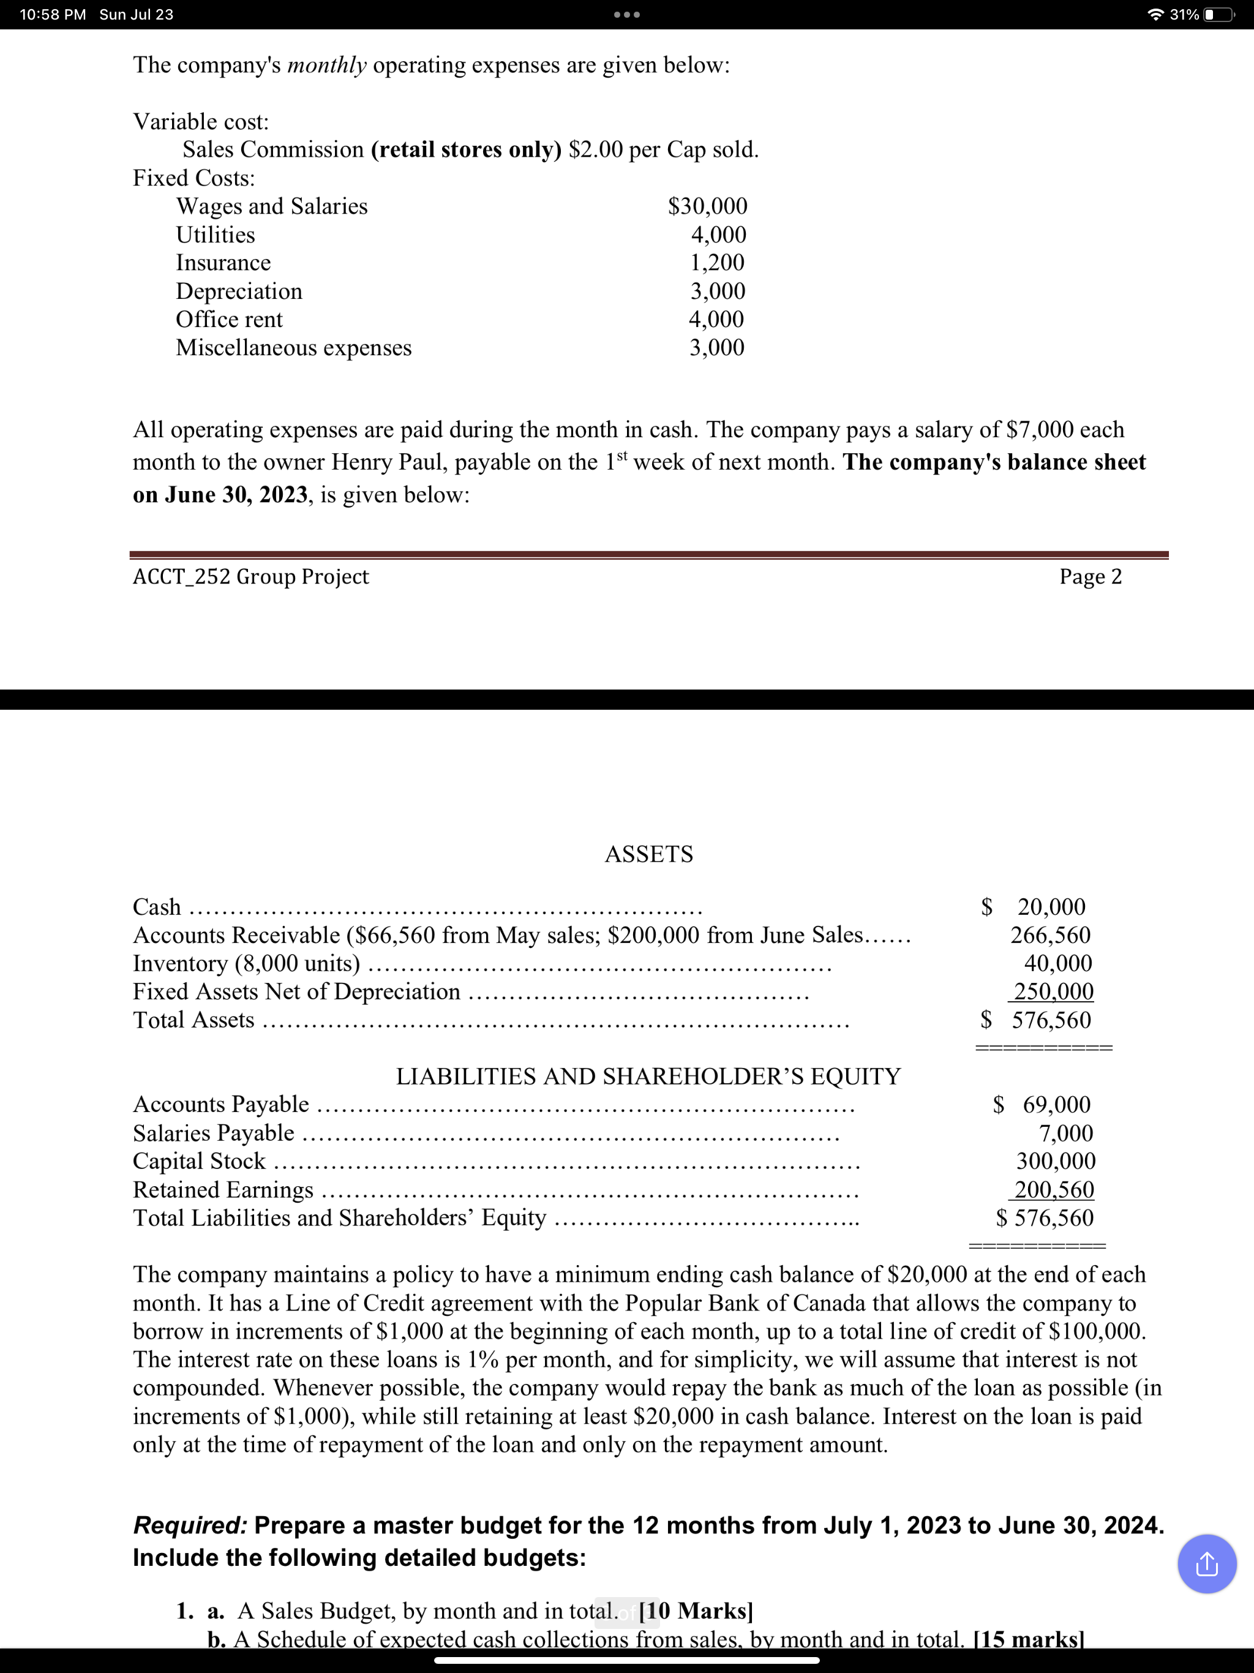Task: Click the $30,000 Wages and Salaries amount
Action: (x=707, y=206)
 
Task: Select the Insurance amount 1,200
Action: (x=716, y=263)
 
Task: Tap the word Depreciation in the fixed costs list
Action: (x=239, y=291)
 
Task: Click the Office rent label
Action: (x=229, y=319)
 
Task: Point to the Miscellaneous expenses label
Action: (x=293, y=348)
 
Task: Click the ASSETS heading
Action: (x=648, y=854)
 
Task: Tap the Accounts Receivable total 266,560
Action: (x=1051, y=935)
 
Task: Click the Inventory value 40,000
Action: (x=1057, y=963)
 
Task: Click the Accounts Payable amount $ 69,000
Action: (x=1042, y=1104)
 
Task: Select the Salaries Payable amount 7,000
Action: (x=1065, y=1133)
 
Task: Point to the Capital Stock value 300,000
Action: (x=1055, y=1161)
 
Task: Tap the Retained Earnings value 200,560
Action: (x=1054, y=1190)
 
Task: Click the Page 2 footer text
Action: (x=1090, y=577)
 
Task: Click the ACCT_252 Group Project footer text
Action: (x=250, y=577)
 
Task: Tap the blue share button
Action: (x=1206, y=1564)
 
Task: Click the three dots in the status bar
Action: (x=627, y=14)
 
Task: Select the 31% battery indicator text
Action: (x=1184, y=14)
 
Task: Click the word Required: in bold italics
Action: (x=190, y=1525)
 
